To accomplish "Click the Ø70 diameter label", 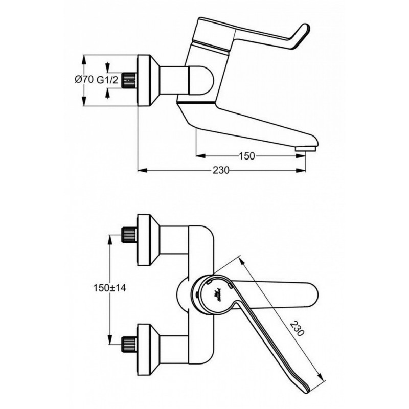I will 83,80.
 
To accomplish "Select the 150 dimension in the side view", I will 247,156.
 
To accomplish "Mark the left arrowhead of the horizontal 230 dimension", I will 141,170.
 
